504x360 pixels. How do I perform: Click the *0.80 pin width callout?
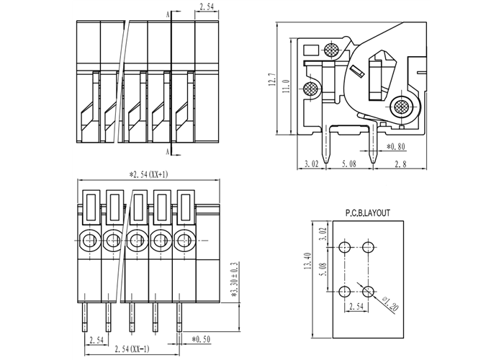click(x=397, y=148)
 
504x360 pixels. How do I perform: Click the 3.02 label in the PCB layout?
click(x=323, y=233)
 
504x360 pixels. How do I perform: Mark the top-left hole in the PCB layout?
click(x=345, y=248)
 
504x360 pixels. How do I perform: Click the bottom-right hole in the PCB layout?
click(x=369, y=290)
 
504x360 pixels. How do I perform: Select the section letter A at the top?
click(x=168, y=13)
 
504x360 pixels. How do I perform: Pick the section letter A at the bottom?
click(x=168, y=152)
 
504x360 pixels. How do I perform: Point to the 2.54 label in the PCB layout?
click(x=356, y=307)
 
